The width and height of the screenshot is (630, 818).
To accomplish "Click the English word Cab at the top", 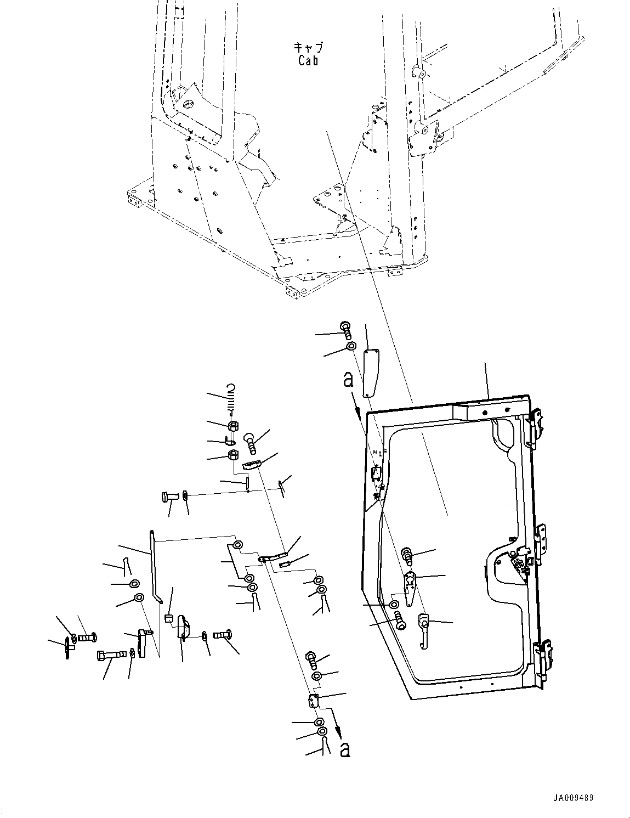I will point(308,60).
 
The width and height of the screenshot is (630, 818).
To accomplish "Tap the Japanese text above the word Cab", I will point(308,48).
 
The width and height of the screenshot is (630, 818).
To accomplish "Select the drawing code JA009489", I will point(574,798).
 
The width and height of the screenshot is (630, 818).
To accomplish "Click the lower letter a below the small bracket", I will point(344,749).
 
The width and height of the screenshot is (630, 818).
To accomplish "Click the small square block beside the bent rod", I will point(169,620).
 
